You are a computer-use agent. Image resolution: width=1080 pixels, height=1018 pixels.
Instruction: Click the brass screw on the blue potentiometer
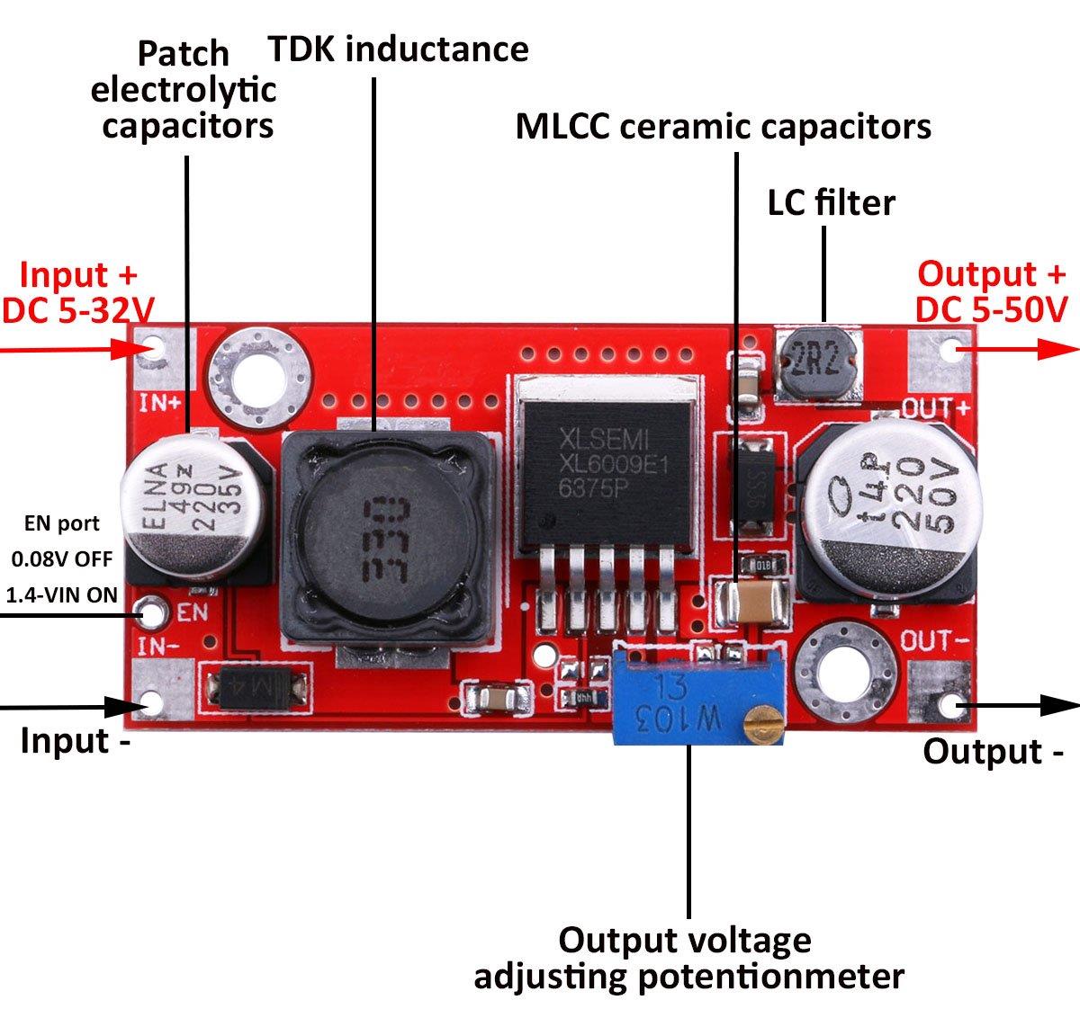coord(766,727)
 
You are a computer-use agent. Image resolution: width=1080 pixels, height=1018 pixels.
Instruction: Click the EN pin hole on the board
coord(153,614)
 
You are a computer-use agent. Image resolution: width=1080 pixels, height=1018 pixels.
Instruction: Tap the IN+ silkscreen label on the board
coord(160,402)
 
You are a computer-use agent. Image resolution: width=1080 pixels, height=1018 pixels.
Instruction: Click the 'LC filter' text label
coord(831,203)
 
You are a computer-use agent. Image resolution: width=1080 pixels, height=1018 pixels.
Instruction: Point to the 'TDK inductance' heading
coord(398,49)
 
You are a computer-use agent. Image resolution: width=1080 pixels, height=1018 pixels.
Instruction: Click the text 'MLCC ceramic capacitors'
coord(723,127)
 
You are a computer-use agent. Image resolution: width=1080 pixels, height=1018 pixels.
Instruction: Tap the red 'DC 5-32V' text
coord(77,310)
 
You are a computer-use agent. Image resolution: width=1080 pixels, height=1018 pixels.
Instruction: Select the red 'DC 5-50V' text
coord(991,309)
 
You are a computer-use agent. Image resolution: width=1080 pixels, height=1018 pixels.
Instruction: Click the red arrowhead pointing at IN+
coord(126,349)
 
